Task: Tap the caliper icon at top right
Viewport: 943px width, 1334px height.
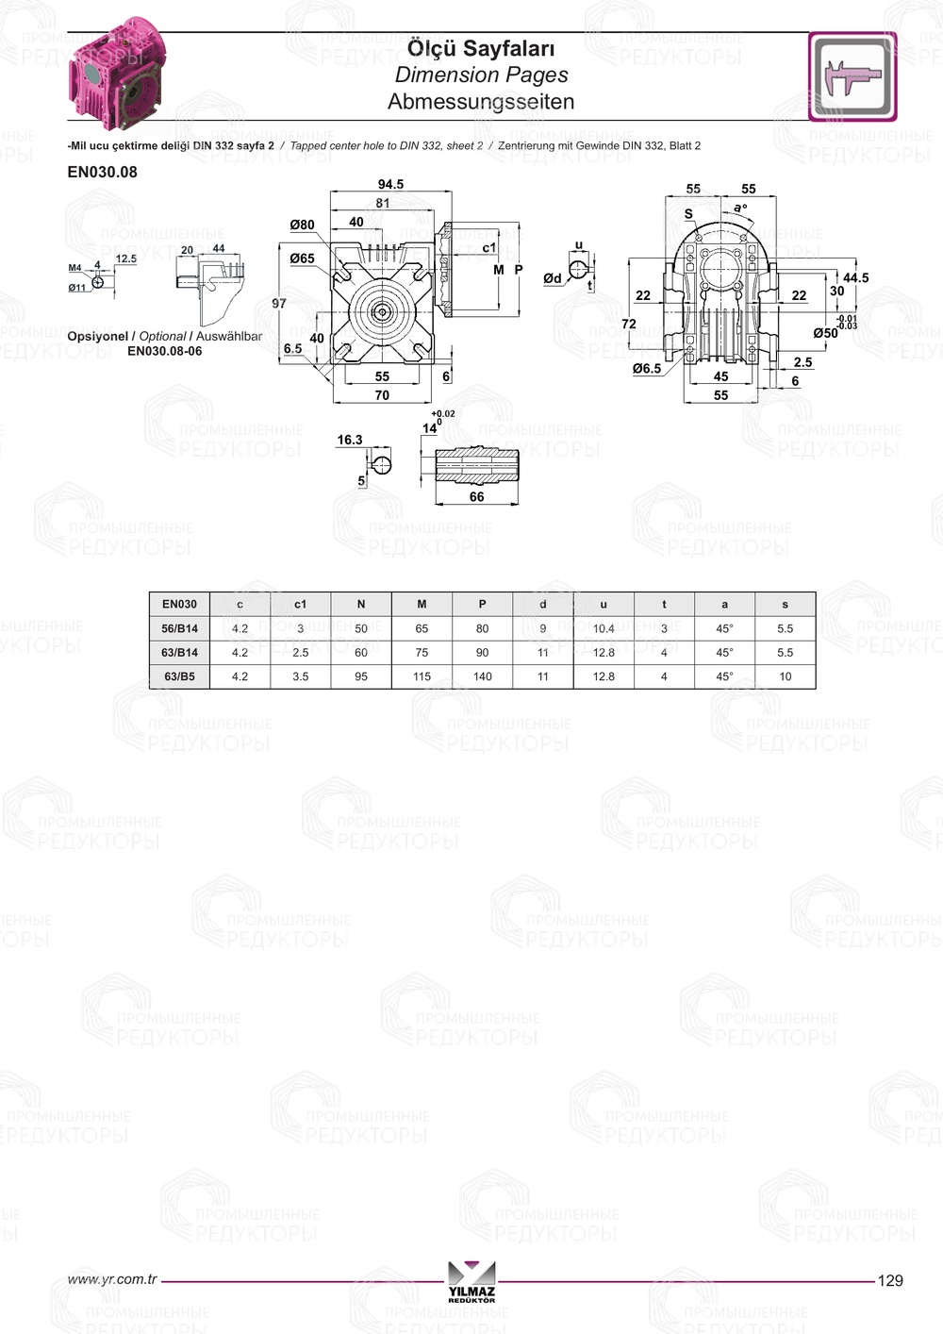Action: click(852, 76)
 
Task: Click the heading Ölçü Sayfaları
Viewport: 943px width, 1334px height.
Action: click(481, 48)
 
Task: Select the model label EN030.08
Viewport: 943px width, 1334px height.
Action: click(102, 172)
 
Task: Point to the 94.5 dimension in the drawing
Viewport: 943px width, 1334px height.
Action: click(390, 184)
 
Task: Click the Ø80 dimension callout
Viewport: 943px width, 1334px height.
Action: click(302, 225)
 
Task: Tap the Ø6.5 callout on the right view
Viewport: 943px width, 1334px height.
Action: click(647, 369)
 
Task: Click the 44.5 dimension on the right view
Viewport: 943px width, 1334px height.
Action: click(855, 277)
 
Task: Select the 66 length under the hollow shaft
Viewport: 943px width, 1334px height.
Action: click(476, 496)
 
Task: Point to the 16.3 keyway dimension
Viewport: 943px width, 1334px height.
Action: click(350, 440)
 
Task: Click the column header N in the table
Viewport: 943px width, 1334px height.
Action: click(361, 604)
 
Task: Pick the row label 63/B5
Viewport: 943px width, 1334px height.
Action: click(180, 676)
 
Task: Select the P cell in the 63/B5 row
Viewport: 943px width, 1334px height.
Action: click(482, 676)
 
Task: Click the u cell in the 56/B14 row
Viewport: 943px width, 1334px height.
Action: click(604, 628)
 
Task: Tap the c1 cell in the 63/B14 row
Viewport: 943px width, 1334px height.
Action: click(300, 652)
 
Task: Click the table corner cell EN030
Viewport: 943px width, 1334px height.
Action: click(180, 604)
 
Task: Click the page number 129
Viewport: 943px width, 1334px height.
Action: click(889, 1280)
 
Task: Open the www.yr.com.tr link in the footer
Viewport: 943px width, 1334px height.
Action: click(112, 1279)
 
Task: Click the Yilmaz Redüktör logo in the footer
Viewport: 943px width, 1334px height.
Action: click(471, 1281)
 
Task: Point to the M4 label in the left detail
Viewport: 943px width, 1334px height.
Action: click(75, 268)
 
